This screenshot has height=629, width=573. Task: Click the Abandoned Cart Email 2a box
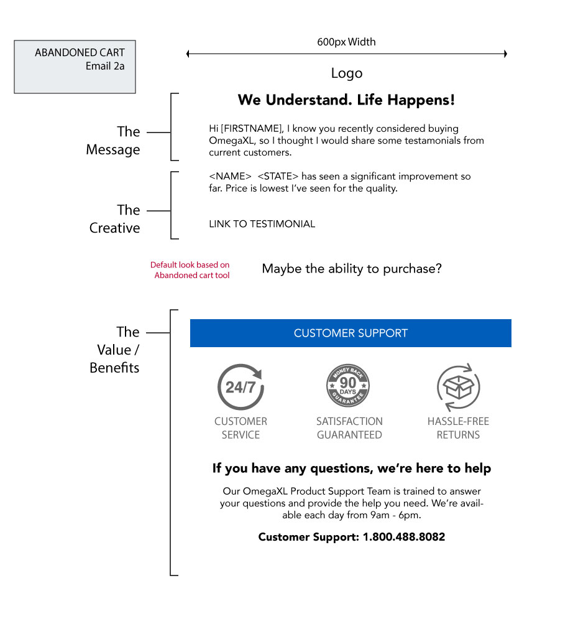(75, 67)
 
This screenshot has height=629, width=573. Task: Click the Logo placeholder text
(347, 73)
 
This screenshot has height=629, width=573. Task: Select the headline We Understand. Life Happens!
(346, 100)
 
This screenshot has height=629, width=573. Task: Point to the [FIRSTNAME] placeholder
(252, 128)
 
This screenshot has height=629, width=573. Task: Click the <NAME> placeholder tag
(230, 176)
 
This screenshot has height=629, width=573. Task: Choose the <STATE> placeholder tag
(278, 176)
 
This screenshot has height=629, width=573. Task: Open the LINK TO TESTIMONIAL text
(262, 224)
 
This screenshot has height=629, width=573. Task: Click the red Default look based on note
(190, 270)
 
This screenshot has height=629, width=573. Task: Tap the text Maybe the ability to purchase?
(352, 268)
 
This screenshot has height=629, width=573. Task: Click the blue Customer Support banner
(351, 333)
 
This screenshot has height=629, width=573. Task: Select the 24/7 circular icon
(241, 387)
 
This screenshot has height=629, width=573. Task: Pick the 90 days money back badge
(348, 386)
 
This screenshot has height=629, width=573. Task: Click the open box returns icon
(459, 387)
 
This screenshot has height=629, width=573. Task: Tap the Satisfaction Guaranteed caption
(349, 428)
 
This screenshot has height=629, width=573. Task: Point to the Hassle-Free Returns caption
(459, 428)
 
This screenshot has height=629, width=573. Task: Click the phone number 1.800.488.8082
(404, 537)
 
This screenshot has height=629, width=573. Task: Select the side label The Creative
(114, 218)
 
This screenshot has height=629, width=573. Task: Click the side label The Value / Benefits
(114, 350)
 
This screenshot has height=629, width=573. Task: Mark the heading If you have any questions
(352, 468)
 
